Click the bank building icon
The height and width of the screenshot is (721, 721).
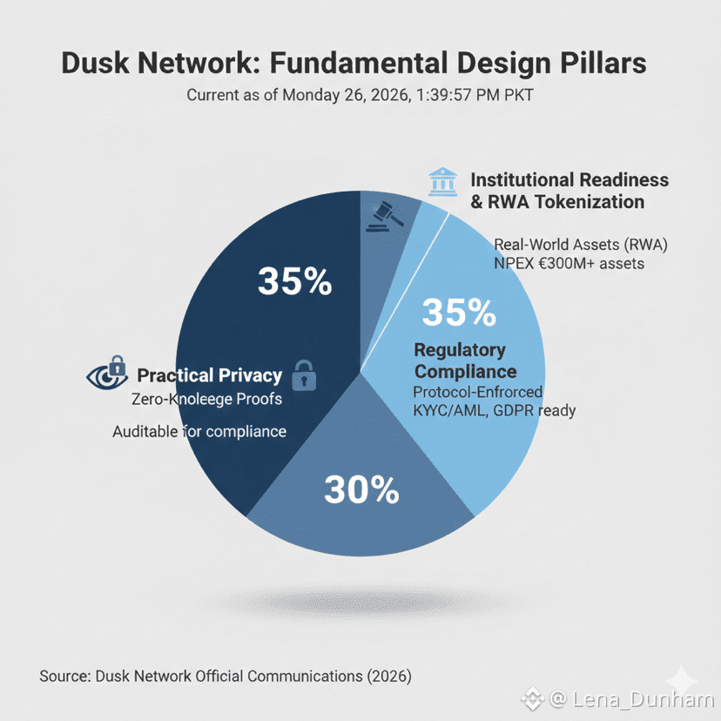click(443, 182)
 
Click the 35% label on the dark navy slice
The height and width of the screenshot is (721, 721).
click(294, 282)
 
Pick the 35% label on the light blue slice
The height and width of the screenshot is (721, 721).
click(458, 311)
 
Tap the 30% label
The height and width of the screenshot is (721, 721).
click(360, 490)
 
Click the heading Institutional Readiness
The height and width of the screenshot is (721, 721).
click(569, 179)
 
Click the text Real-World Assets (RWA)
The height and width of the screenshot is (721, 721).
click(580, 243)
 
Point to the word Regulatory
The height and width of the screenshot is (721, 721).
click(459, 350)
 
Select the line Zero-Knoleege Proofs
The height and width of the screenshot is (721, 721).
click(207, 399)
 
